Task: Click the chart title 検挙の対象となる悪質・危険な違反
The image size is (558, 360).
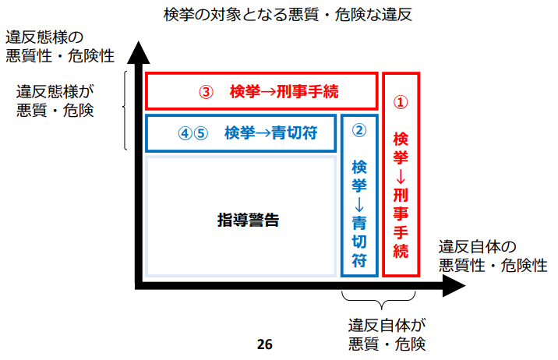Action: pos(288,15)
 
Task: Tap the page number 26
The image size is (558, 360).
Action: pos(264,344)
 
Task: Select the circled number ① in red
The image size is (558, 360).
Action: pos(401,102)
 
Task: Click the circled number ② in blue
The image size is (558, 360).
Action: pos(359,130)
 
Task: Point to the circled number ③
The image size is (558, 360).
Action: pos(206,92)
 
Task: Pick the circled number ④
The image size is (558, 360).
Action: pos(185,133)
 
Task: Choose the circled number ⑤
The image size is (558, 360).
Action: pos(201,133)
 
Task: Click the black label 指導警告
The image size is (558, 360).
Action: pos(248,220)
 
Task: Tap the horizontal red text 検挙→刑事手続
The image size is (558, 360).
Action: pos(284,92)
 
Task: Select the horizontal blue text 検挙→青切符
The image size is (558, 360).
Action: pos(270,133)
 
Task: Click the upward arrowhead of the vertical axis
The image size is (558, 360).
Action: pos(139,52)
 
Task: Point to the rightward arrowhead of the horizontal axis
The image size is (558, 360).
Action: pos(454,286)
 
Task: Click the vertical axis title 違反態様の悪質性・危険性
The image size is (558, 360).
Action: pos(60,47)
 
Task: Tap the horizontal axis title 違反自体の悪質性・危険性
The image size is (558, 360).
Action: pos(493,256)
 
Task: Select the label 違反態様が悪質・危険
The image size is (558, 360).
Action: pos(55,101)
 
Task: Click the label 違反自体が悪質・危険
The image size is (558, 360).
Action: pos(387,335)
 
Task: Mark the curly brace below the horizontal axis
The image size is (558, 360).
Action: pos(379,300)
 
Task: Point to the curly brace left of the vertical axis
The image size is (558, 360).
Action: pos(125,111)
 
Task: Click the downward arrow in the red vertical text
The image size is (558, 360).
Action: pos(401,176)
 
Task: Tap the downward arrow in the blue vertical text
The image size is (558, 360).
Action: pos(359,204)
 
